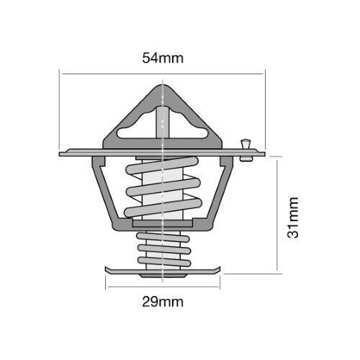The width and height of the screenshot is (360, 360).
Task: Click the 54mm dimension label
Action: [163, 58]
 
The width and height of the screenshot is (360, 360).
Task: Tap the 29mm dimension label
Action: [163, 302]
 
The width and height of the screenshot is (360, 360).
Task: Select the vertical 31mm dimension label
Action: [292, 217]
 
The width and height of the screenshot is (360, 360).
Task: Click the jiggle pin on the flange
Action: [246, 150]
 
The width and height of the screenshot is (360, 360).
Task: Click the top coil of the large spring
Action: [162, 166]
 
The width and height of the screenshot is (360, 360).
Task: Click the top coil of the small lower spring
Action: [163, 238]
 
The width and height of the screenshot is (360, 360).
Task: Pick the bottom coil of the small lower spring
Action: [164, 261]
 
